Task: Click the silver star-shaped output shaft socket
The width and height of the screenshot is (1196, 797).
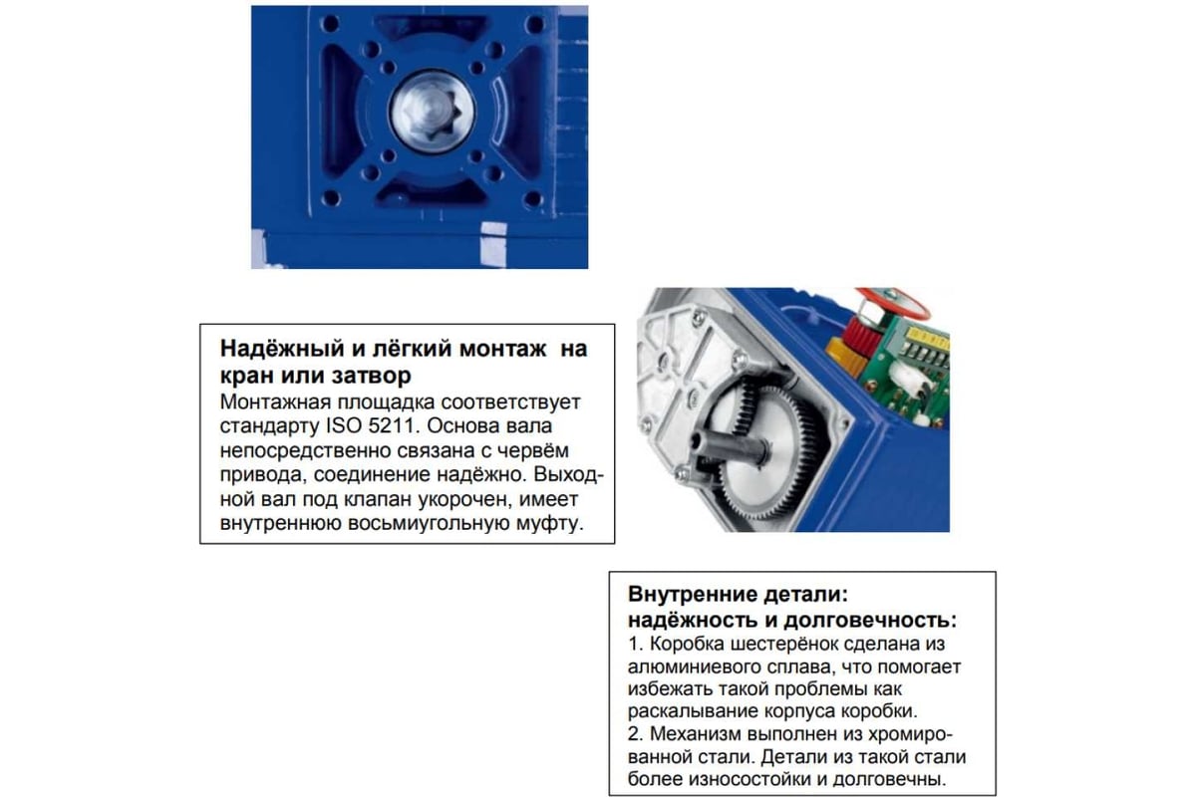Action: coord(433,113)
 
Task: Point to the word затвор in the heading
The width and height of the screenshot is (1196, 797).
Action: coord(372,376)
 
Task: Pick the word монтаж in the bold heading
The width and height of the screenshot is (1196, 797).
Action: coord(503,349)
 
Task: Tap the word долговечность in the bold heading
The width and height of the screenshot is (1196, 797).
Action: coord(870,621)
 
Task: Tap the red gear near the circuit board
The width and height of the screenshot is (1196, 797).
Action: coord(859,334)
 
